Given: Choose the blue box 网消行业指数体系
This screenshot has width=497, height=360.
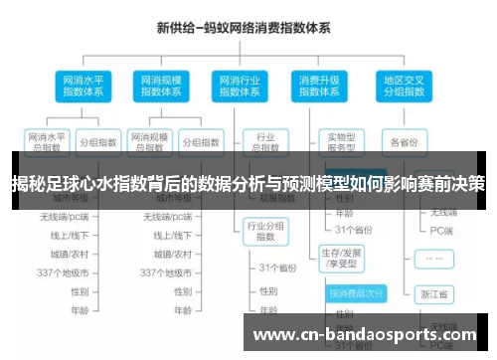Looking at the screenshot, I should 238,86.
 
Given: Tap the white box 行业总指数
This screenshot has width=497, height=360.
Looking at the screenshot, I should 265,142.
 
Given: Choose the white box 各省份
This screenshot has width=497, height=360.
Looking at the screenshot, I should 405,141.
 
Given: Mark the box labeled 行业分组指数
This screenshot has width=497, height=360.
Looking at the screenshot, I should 265,232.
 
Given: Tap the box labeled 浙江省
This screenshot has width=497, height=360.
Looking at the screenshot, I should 434,294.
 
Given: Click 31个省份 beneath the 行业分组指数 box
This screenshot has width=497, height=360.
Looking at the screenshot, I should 278,268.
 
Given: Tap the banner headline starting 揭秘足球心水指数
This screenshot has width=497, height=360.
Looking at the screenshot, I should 248,183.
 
